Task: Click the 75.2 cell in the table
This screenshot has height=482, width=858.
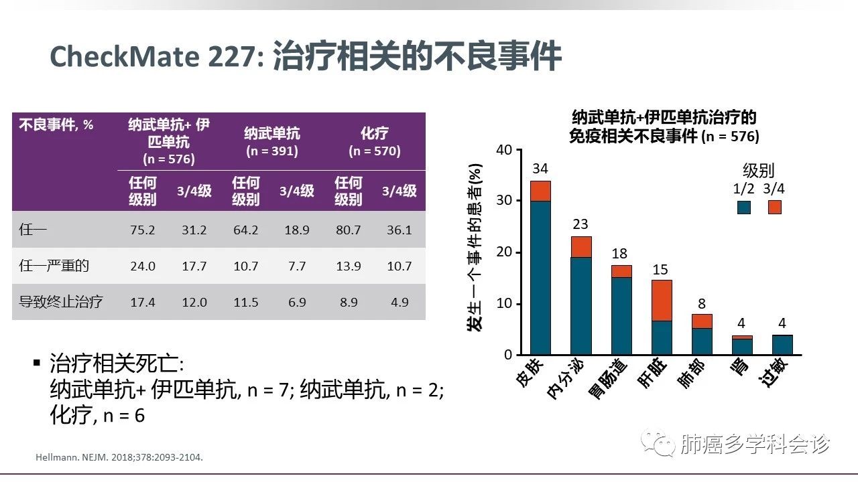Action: (142, 230)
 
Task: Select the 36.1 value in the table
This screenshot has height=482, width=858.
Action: (400, 230)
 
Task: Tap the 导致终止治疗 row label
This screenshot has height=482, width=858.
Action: (61, 301)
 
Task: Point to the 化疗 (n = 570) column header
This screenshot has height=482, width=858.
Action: (374, 142)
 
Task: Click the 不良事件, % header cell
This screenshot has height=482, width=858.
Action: (56, 125)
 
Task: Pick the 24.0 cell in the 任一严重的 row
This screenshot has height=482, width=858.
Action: (142, 266)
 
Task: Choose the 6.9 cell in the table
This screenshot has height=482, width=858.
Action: (296, 301)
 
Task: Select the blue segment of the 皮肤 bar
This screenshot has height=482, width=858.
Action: (540, 278)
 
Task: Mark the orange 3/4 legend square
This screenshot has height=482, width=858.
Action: (775, 207)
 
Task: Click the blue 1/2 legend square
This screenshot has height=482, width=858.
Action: (743, 207)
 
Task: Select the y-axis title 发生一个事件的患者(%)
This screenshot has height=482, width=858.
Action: (475, 248)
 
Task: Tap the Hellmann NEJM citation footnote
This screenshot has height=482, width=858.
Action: (118, 458)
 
